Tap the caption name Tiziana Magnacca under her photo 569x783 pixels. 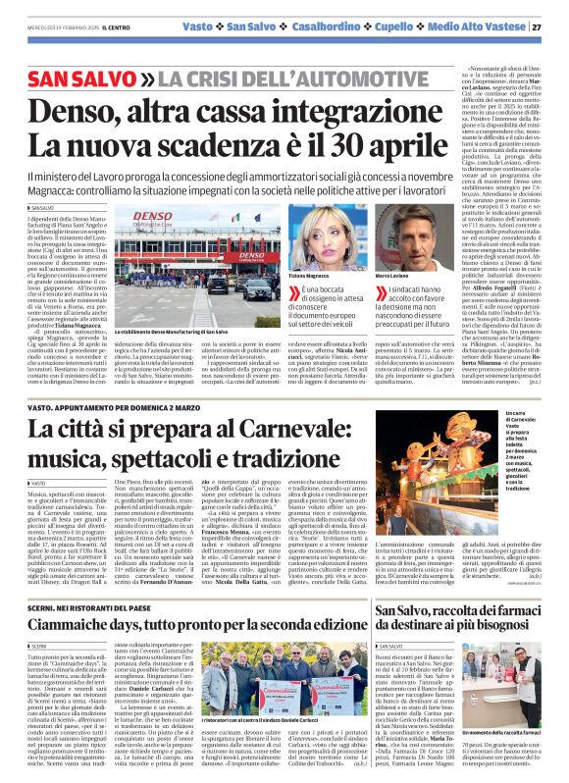pos(309,277)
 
